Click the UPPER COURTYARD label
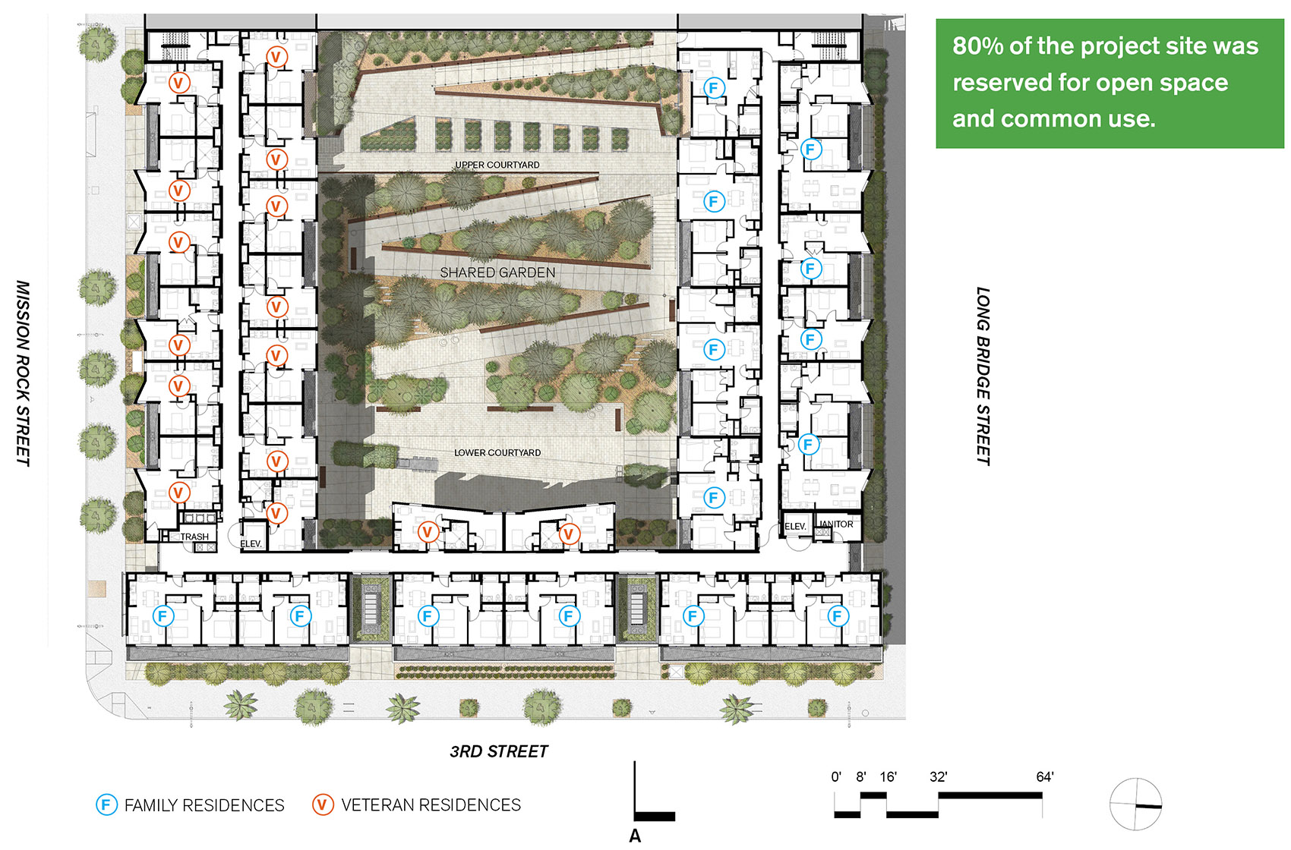497,165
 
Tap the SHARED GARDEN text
498,272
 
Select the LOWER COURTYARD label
497,452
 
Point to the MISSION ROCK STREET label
23,373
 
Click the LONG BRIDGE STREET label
983,376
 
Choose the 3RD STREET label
499,751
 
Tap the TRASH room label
194,537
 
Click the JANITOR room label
836,524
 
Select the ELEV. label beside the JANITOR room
795,527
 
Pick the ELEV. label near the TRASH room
251,543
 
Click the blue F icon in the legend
106,804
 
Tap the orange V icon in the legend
323,804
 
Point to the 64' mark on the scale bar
1044,777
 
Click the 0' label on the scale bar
836,777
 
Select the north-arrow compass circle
1136,804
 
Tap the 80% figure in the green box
977,46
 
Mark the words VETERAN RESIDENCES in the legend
431,805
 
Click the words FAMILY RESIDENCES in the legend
204,805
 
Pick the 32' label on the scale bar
939,777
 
